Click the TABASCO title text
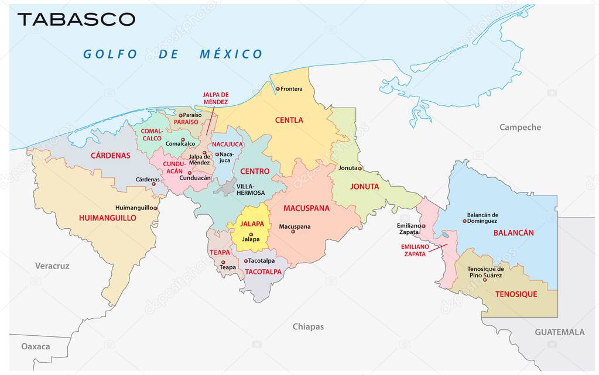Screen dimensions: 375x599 point(76,19)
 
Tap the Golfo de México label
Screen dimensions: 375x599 point(173,54)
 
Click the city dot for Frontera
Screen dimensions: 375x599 point(278,89)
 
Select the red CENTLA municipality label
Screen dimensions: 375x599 point(289,120)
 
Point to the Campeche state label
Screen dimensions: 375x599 point(520,127)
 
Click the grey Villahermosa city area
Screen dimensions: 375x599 point(225,188)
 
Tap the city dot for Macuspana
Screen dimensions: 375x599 point(293,232)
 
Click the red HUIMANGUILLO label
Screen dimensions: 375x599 point(107,218)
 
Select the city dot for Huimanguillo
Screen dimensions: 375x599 point(156,207)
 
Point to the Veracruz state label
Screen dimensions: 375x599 point(52,266)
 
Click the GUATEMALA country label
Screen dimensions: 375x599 point(559,332)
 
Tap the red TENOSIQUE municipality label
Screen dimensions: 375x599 point(516,294)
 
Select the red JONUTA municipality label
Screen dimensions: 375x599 point(365,187)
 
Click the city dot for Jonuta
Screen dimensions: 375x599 point(361,168)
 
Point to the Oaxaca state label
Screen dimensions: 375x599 point(36,346)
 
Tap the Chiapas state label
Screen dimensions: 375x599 point(308,326)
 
